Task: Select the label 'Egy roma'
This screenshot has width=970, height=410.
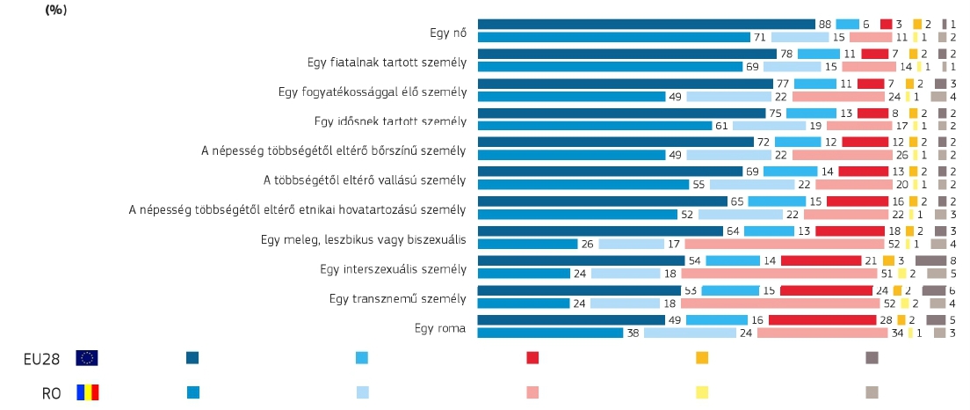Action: (x=439, y=328)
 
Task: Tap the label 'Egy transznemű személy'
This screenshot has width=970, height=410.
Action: (x=397, y=298)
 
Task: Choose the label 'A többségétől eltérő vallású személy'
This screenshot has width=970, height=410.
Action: (x=365, y=180)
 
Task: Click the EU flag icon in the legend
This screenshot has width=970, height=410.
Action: (x=87, y=357)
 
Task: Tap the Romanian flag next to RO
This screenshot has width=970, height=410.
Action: (x=87, y=392)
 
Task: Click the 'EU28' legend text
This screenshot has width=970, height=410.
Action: (x=42, y=358)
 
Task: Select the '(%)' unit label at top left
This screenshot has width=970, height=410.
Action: (x=55, y=10)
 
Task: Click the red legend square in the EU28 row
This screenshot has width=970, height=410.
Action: (x=532, y=357)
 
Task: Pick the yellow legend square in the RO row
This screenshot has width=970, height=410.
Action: (x=702, y=392)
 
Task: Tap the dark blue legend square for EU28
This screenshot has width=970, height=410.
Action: (x=192, y=357)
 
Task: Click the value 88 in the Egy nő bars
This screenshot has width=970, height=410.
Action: (x=824, y=24)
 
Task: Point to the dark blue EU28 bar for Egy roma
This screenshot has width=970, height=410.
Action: (x=571, y=319)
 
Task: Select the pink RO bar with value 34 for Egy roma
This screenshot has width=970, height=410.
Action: (x=822, y=333)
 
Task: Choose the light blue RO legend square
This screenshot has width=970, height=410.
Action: (x=362, y=392)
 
